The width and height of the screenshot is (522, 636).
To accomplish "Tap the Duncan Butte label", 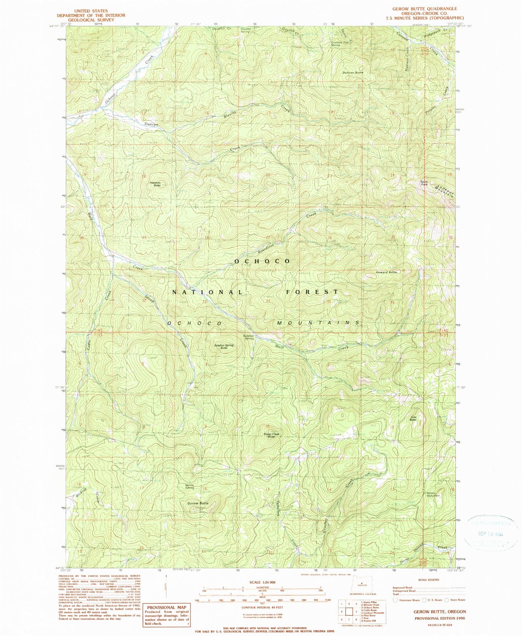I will click(353, 73).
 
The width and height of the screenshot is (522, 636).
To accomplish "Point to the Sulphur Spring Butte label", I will click(224, 347).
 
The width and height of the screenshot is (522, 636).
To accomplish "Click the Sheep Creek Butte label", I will click(271, 435).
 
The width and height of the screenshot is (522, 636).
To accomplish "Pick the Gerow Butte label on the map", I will click(198, 503).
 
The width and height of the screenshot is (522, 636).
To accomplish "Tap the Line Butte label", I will click(413, 418).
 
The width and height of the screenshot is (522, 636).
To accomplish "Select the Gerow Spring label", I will click(190, 486).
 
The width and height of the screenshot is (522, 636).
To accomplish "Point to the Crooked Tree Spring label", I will click(340, 44).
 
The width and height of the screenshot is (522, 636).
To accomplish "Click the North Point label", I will click(424, 183).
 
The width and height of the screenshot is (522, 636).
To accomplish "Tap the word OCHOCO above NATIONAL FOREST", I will click(262, 261).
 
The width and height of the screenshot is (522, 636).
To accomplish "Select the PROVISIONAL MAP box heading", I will click(166, 607).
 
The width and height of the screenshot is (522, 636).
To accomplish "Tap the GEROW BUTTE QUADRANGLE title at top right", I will click(424, 9).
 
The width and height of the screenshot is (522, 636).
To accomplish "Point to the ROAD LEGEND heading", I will click(429, 580).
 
